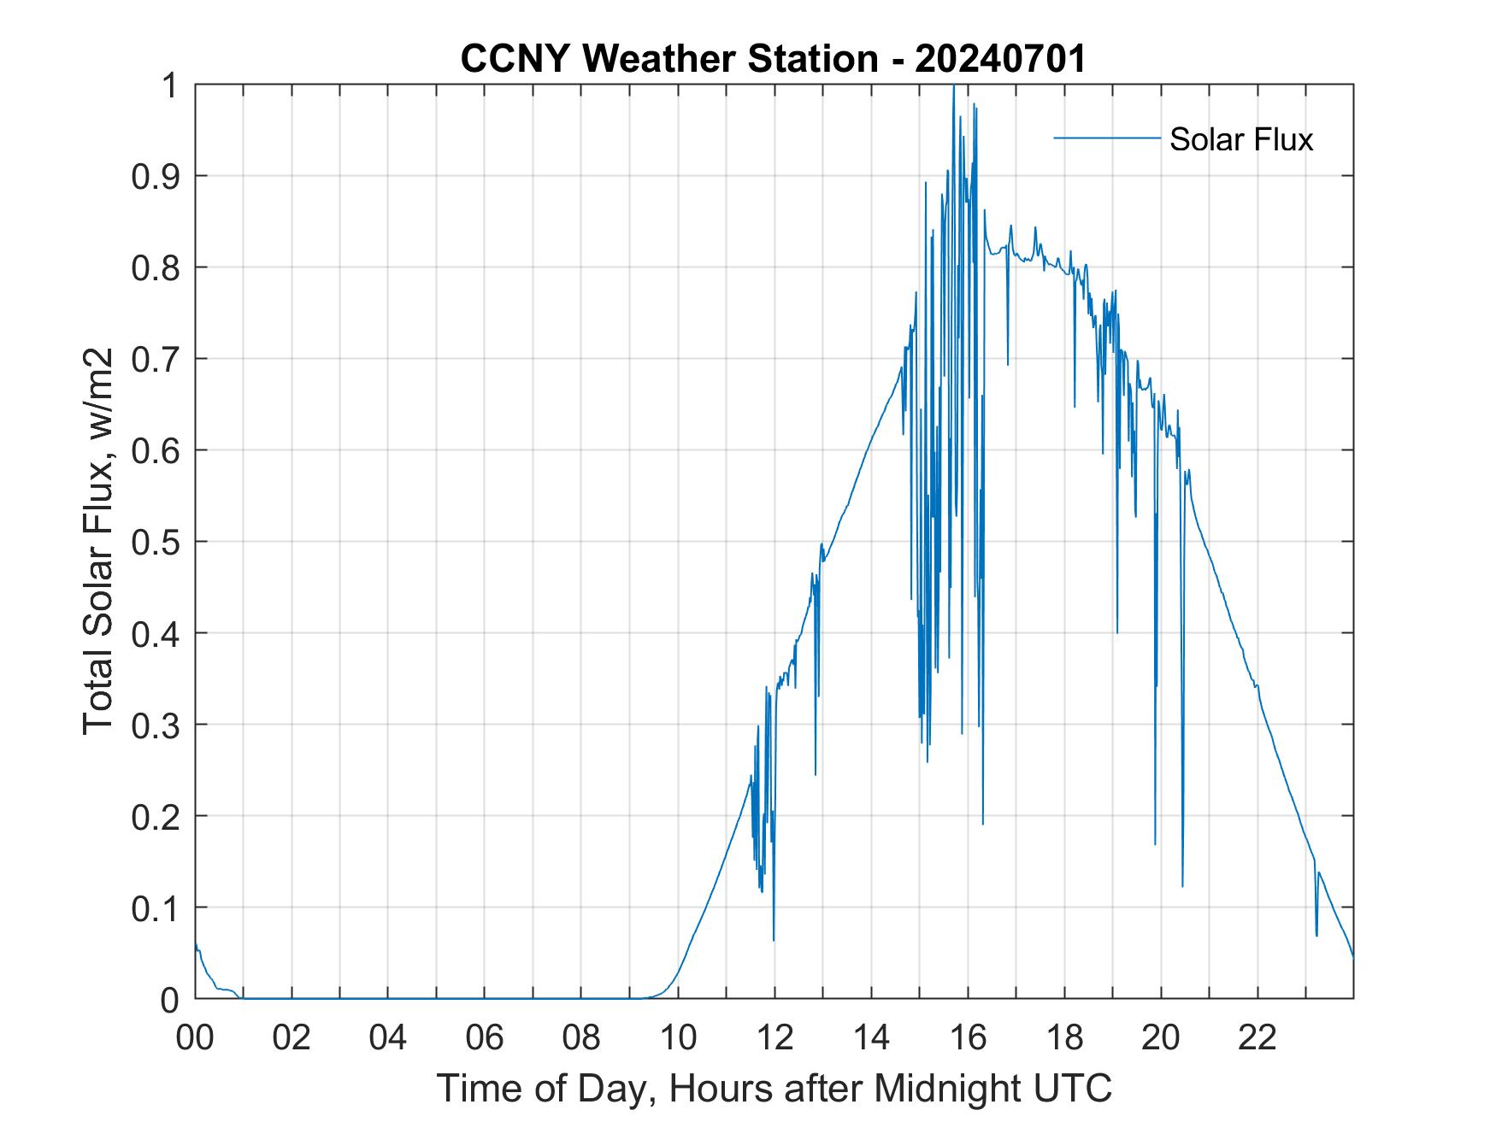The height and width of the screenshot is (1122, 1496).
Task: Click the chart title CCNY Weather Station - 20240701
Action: click(x=773, y=59)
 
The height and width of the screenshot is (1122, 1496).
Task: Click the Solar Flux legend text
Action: click(x=1240, y=139)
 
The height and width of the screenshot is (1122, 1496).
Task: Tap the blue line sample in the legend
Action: click(x=1106, y=138)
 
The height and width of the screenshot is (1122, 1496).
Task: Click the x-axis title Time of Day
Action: click(x=775, y=1088)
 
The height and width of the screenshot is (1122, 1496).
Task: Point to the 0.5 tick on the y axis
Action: click(x=158, y=542)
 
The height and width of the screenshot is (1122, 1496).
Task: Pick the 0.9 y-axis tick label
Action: click(x=158, y=176)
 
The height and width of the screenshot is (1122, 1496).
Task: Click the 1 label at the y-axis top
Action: click(x=170, y=85)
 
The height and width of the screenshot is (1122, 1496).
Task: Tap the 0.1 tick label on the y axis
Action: click(x=158, y=908)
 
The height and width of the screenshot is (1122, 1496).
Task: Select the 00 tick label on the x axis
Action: click(x=195, y=1038)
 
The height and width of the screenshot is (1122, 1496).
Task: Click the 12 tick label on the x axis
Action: click(x=775, y=1038)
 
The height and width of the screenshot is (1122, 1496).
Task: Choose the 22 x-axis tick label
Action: click(x=1257, y=1038)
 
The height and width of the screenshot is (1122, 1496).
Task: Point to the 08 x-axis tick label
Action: click(x=581, y=1038)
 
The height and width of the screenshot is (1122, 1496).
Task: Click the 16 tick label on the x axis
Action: click(x=968, y=1038)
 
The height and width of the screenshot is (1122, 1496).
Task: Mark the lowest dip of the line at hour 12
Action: click(x=774, y=940)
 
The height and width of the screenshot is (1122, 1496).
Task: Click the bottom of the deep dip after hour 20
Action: click(x=1182, y=886)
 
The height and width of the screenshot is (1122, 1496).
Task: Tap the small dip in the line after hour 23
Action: click(x=1316, y=935)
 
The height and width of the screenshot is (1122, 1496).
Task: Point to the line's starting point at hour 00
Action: click(x=196, y=943)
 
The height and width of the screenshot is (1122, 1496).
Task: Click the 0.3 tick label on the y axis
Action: click(x=158, y=725)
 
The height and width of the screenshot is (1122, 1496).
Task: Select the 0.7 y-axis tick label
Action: click(x=158, y=359)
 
